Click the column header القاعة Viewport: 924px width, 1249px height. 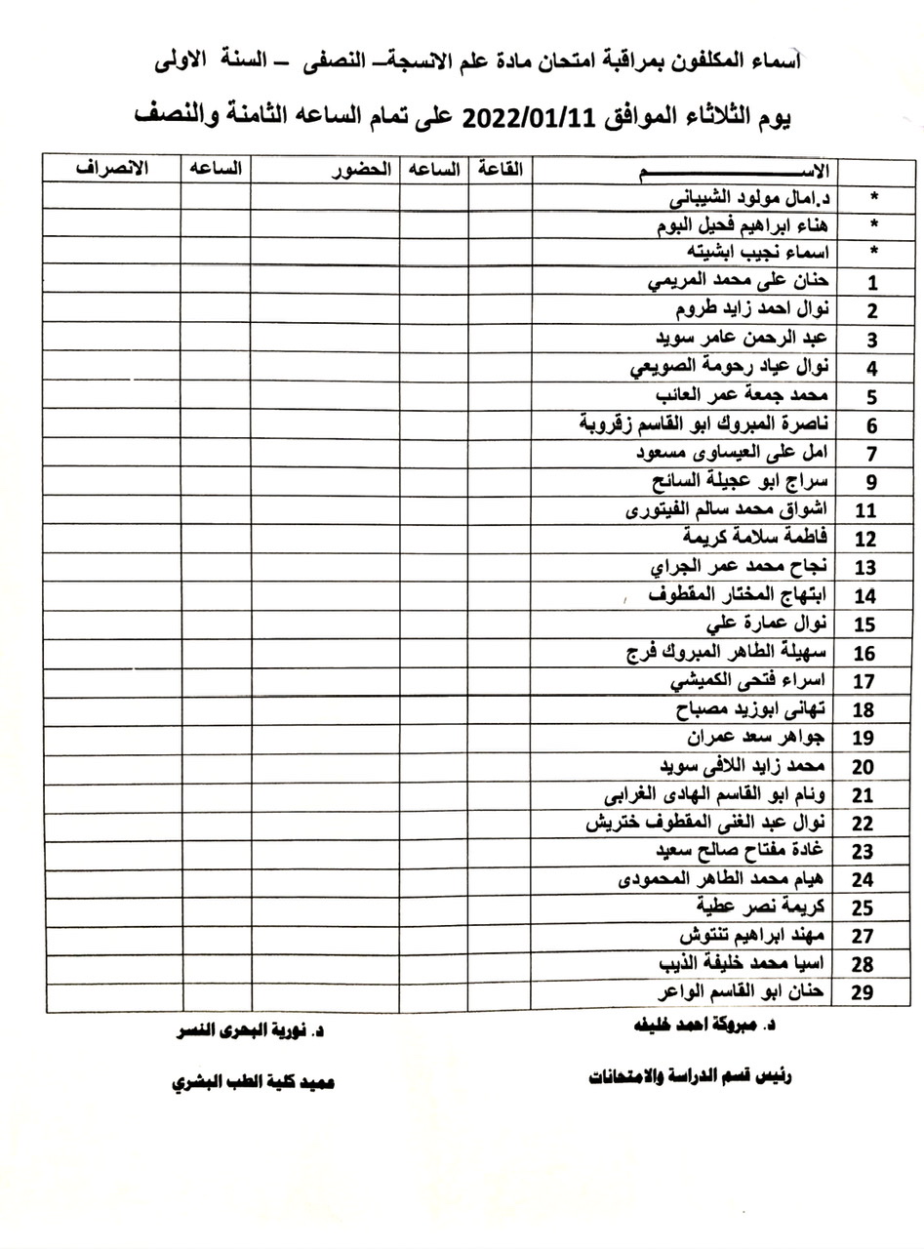pos(500,169)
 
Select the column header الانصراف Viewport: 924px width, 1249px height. pos(111,168)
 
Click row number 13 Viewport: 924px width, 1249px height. pos(864,568)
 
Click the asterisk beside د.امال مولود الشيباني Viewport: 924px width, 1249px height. pos(873,197)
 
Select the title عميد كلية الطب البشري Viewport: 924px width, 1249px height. pos(252,1083)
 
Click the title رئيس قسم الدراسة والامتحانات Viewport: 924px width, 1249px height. pos(690,1076)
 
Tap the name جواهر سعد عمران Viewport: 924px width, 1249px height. pos(756,736)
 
